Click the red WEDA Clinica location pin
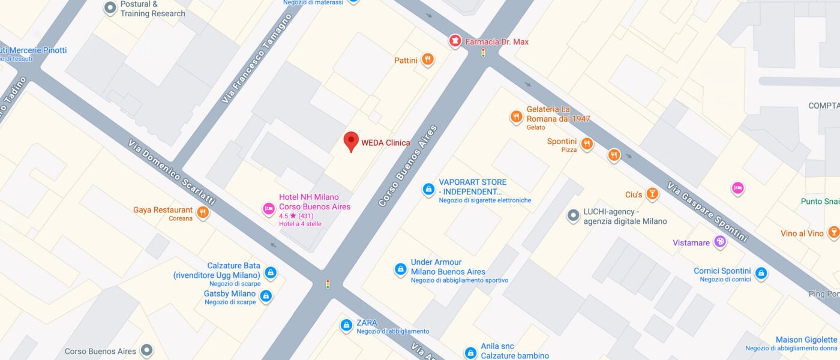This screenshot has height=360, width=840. (351, 141)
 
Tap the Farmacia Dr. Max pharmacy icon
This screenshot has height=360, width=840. (456, 41)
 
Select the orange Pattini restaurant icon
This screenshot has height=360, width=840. (427, 59)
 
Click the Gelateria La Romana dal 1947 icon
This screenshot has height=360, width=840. (516, 117)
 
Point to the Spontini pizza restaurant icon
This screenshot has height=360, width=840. (587, 143)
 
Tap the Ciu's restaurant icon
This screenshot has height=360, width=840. (652, 194)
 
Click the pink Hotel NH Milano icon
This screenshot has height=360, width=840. (269, 209)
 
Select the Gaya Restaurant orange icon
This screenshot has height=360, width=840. (203, 212)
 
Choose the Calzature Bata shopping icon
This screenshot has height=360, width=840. (270, 273)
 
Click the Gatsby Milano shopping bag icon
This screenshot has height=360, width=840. (265, 295)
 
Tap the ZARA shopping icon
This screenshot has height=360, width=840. (346, 325)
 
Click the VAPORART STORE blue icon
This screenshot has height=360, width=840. (428, 189)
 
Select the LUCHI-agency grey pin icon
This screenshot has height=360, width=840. (574, 214)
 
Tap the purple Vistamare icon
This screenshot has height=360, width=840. (719, 242)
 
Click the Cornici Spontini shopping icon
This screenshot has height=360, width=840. (761, 273)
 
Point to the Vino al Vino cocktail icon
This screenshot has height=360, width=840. (833, 232)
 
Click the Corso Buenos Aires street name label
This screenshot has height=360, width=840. (408, 166)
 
